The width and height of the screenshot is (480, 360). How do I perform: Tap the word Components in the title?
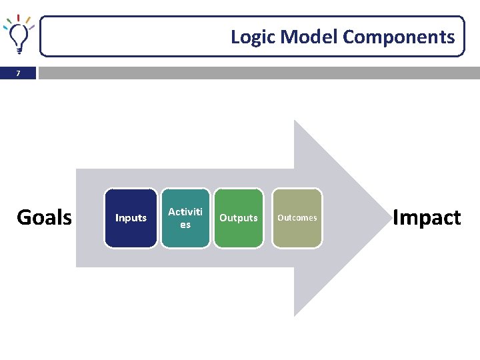399,37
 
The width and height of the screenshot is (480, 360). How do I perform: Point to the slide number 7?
18,73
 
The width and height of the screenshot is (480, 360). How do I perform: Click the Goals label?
44,217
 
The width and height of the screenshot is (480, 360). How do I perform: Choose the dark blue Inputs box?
131,218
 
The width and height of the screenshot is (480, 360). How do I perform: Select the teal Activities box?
185,218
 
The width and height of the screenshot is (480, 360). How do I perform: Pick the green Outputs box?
239,218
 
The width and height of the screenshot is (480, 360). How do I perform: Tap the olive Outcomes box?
297,218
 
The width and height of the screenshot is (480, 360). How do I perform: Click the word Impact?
427,217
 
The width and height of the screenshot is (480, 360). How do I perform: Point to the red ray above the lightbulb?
19,17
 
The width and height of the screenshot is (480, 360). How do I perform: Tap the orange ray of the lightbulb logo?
28,21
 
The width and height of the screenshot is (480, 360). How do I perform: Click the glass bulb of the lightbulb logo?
19,34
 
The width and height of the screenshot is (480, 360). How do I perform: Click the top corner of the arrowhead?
295,122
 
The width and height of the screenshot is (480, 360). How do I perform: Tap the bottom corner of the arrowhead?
295,315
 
